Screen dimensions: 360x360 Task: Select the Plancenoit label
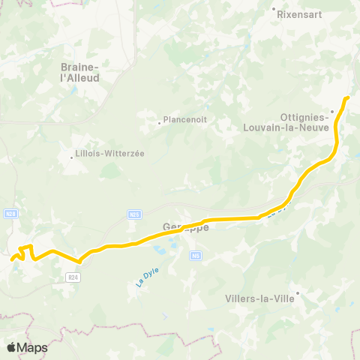coord(185,118)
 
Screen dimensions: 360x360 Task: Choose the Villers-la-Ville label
coord(259,297)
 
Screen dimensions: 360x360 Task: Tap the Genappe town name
coord(184,226)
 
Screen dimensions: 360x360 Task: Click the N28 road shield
coord(10,214)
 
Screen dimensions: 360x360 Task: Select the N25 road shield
coord(134,214)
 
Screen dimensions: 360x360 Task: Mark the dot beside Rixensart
coord(274,9)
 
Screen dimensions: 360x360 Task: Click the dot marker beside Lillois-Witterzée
coord(73,158)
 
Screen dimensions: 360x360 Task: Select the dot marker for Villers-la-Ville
coord(298,293)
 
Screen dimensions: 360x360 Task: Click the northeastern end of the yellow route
coord(348,97)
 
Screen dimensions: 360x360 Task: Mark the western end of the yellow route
coord(13,259)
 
